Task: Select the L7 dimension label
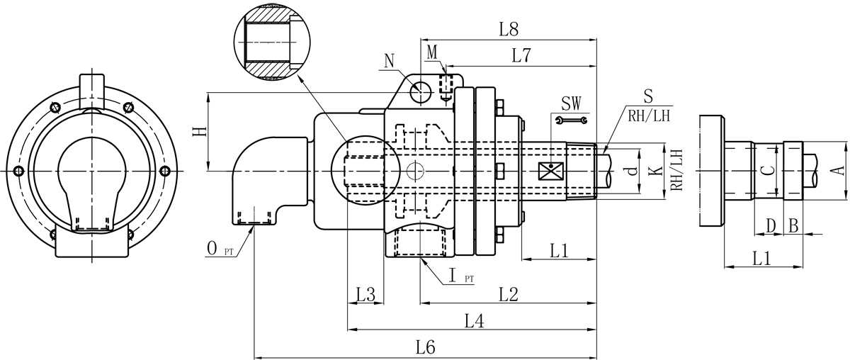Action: (521, 57)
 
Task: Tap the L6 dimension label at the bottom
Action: (425, 347)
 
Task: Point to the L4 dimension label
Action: (474, 321)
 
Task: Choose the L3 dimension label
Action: (365, 293)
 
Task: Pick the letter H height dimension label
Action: (200, 131)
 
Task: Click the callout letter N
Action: (389, 60)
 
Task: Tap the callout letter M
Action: (433, 52)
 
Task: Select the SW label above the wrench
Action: (571, 103)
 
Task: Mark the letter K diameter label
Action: (655, 171)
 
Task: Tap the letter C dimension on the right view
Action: (764, 171)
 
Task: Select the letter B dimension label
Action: (793, 226)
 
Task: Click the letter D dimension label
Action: (771, 226)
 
